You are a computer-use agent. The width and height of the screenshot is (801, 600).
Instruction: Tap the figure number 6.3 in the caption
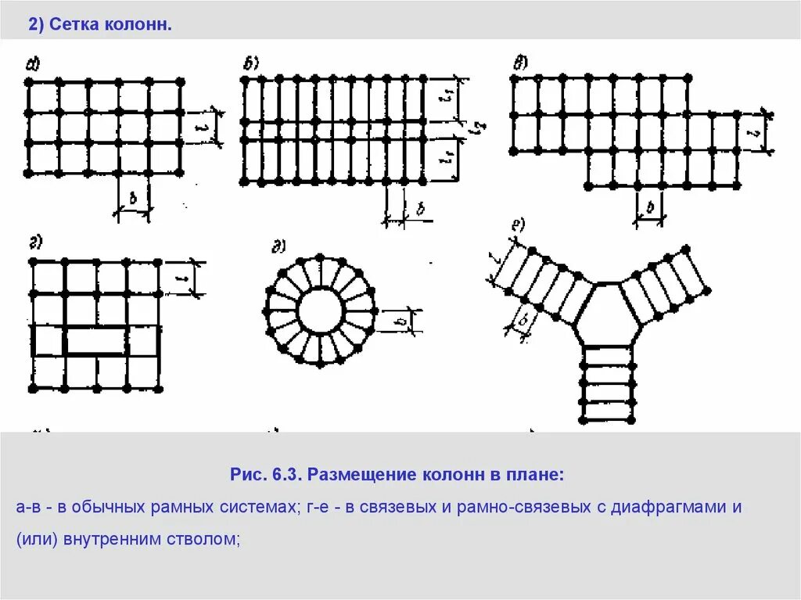[288, 475]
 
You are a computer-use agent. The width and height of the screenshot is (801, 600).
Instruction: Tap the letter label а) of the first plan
[34, 65]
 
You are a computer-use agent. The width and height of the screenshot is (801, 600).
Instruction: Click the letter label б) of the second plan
[251, 64]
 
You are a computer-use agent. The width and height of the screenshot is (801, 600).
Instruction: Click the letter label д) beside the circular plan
[278, 249]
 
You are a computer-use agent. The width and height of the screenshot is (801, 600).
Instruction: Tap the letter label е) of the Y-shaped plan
[518, 227]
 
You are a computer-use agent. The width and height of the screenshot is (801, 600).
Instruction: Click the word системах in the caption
[254, 507]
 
